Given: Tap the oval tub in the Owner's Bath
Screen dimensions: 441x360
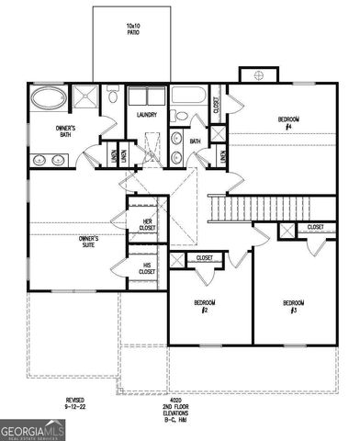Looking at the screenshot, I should [x=49, y=97].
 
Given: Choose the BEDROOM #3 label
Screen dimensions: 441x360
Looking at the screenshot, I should [x=293, y=306].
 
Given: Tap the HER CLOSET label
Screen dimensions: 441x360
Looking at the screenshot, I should [x=147, y=224].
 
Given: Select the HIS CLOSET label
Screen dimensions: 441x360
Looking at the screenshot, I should [x=147, y=268].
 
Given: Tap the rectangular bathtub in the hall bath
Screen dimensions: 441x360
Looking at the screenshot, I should [x=191, y=96].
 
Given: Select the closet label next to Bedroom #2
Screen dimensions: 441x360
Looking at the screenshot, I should [x=205, y=258].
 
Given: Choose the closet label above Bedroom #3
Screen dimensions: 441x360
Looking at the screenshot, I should [x=315, y=227].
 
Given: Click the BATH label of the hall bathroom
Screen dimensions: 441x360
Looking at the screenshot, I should [x=195, y=141].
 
